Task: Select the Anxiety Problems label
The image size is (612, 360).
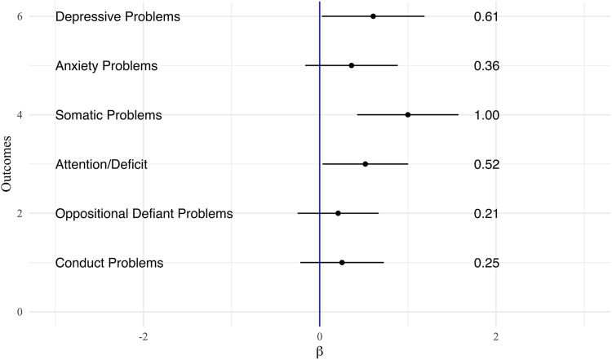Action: point(106,66)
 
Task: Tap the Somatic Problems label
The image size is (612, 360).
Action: point(109,115)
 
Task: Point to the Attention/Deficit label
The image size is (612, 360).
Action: point(101,165)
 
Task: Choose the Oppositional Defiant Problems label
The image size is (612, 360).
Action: point(144,214)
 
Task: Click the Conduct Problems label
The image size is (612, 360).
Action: point(109,263)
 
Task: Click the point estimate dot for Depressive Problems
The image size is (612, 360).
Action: point(373,16)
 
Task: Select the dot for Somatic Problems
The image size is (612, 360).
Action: point(408,115)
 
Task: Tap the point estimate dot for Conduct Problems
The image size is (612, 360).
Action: point(342,263)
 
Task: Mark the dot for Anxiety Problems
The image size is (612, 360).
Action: point(352,65)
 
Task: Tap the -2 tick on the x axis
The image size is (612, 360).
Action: point(143,336)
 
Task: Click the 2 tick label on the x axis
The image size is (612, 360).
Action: point(496,336)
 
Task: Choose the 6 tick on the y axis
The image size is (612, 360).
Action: point(30,16)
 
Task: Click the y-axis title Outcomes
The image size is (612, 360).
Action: point(7,164)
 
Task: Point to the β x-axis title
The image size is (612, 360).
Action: point(320,351)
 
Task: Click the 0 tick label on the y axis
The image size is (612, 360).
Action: point(30,312)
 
